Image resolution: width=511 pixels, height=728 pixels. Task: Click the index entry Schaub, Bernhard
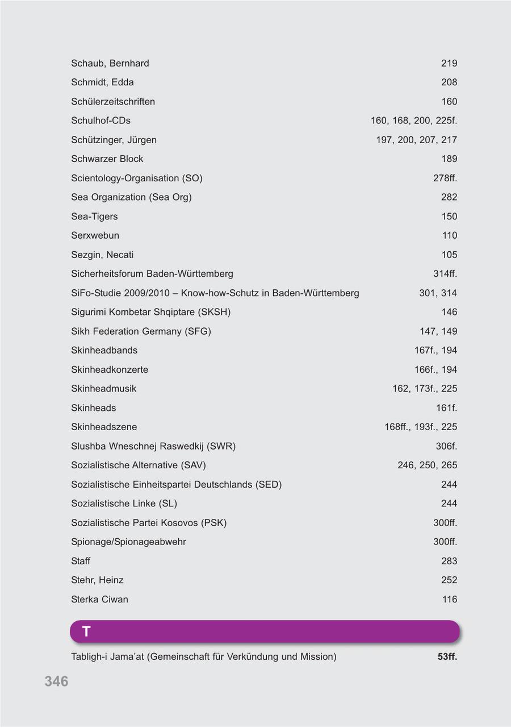[110, 63]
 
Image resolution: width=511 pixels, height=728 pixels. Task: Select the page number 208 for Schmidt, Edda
[449, 82]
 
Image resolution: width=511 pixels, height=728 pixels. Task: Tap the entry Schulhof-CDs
[100, 120]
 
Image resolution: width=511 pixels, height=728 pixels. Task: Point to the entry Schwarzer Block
[107, 159]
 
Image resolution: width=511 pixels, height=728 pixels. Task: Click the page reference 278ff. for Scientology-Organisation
[445, 178]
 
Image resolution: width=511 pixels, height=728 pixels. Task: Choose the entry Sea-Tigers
[94, 217]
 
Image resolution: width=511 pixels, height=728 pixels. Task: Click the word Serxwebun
[95, 235]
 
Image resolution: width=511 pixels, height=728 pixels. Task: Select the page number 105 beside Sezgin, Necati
[449, 255]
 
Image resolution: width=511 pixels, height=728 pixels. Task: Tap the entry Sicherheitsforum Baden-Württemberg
[152, 274]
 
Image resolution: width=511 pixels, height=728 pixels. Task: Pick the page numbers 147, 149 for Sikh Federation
[438, 331]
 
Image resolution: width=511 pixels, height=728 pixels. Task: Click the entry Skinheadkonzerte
[110, 369]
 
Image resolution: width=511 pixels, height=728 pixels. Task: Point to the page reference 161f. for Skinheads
[446, 408]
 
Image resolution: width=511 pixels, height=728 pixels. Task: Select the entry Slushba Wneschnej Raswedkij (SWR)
[153, 446]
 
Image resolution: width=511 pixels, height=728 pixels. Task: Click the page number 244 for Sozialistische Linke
[449, 504]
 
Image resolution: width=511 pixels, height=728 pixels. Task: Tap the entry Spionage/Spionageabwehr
[128, 542]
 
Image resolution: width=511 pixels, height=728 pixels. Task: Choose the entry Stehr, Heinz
[97, 580]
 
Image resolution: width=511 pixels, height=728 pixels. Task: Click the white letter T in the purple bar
[86, 631]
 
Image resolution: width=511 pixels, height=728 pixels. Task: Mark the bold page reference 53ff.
[447, 657]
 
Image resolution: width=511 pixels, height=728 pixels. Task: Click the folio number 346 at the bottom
[56, 681]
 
